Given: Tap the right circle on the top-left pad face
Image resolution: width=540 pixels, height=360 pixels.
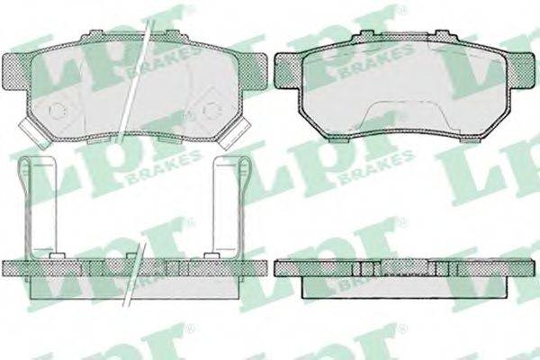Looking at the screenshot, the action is click(x=212, y=111).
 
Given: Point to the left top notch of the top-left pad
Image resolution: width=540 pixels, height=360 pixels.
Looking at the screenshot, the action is click(x=95, y=33).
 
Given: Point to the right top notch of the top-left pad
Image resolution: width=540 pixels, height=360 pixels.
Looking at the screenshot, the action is click(x=172, y=33).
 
